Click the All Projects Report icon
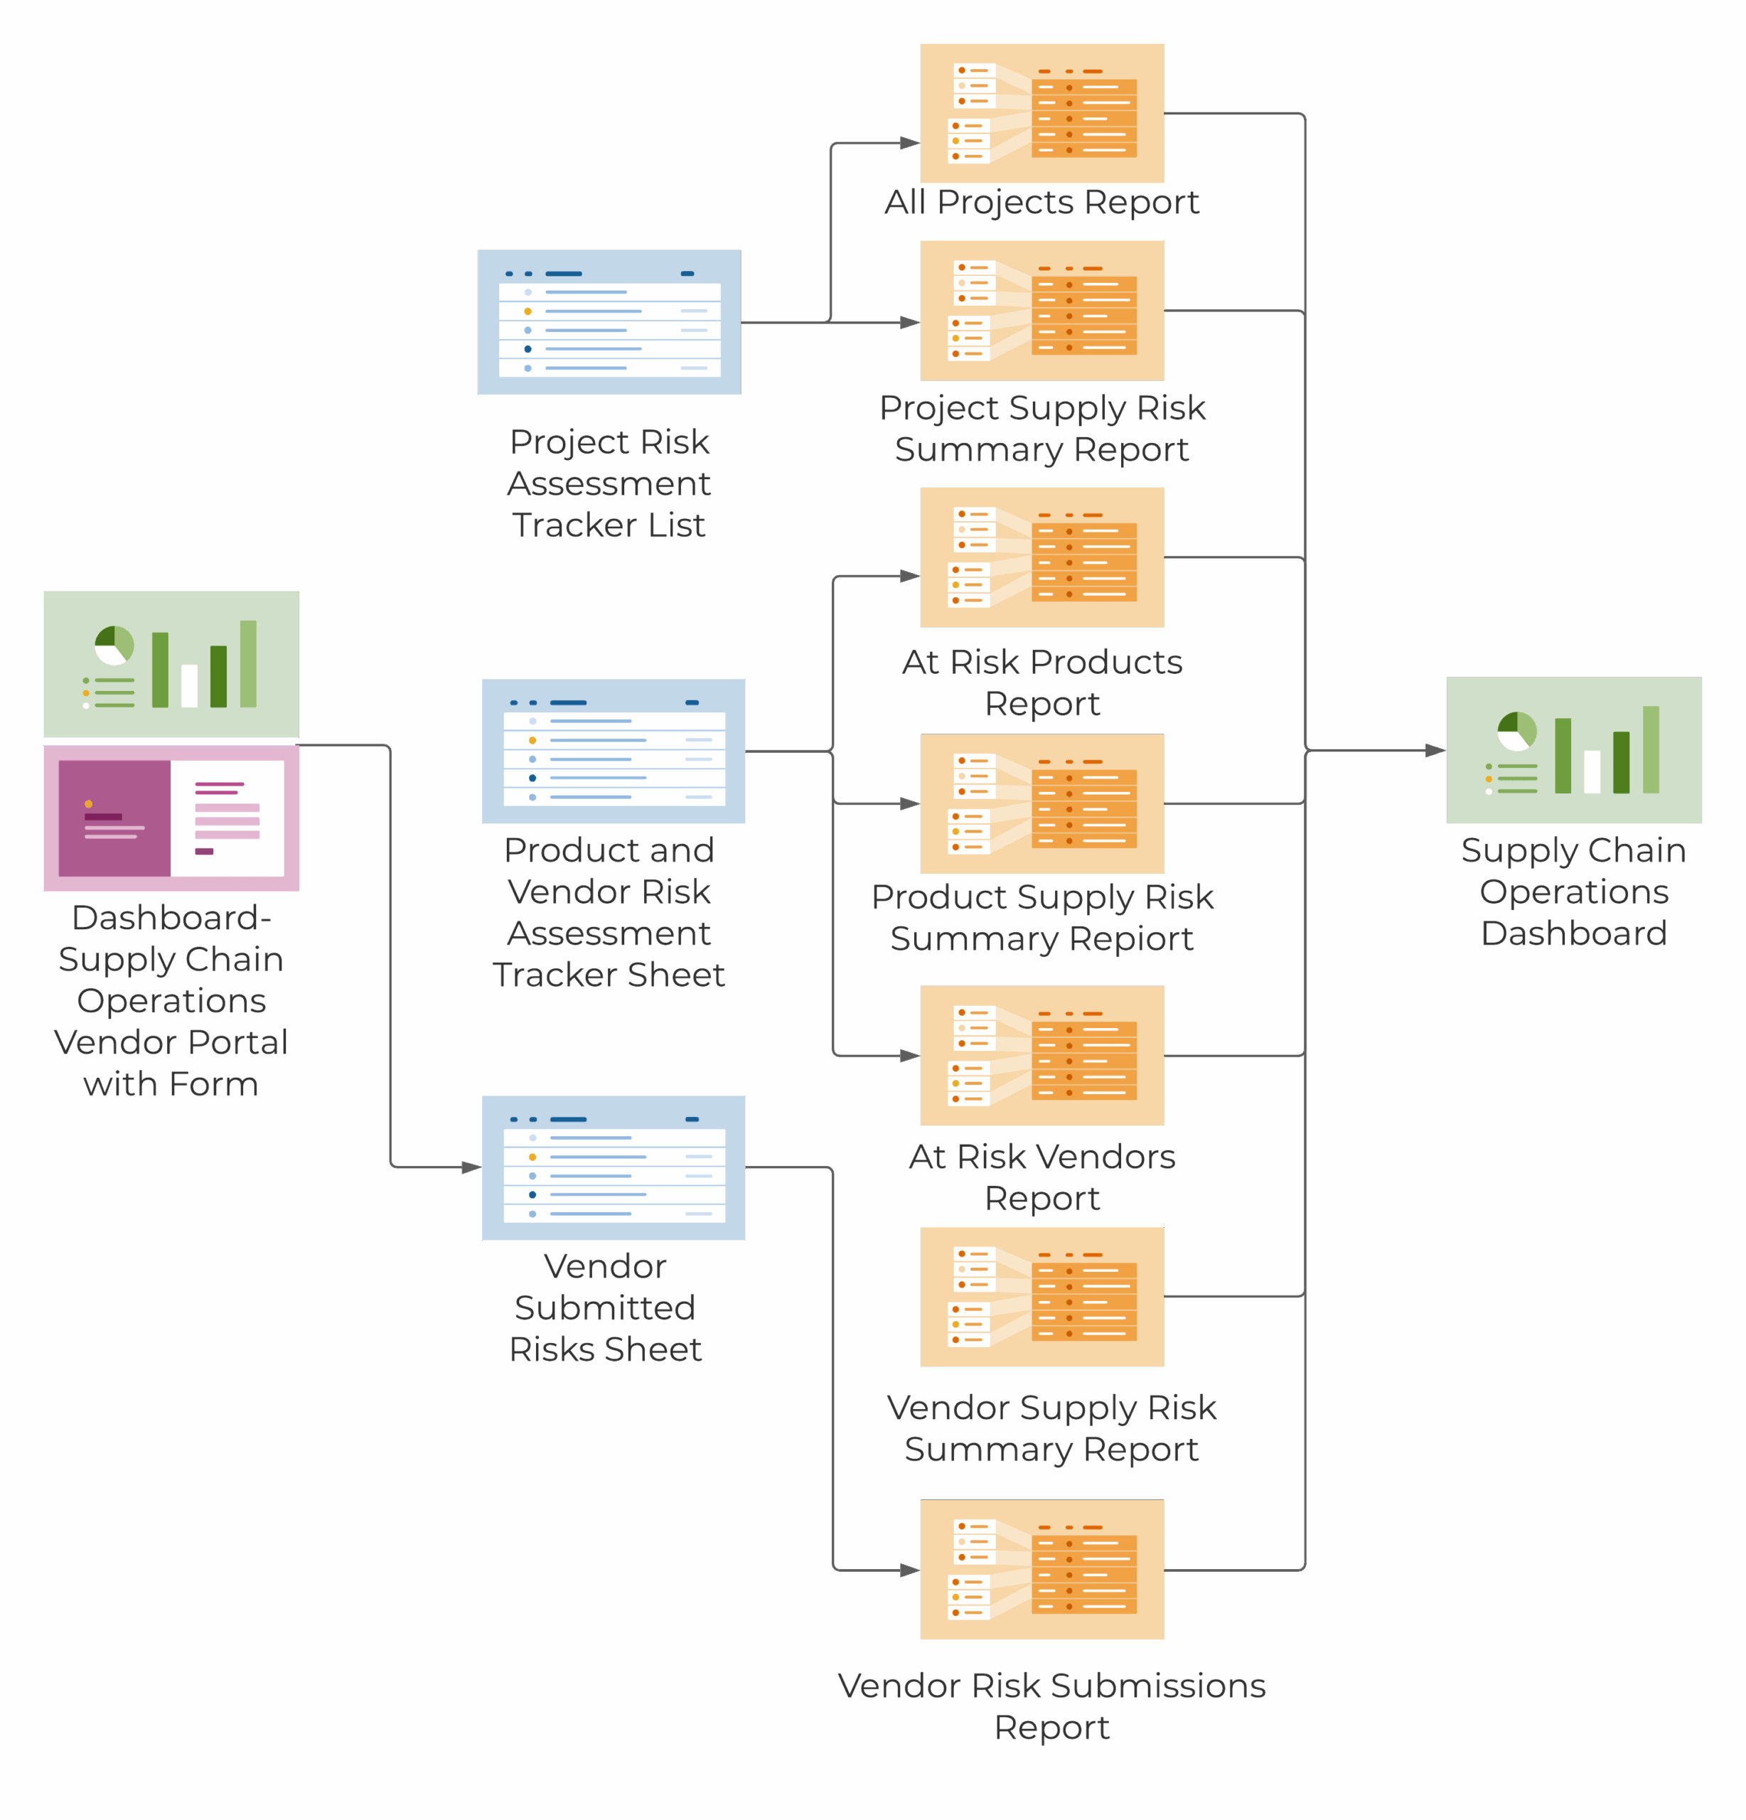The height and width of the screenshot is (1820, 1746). tap(1042, 113)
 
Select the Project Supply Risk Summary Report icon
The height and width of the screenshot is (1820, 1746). tap(1042, 310)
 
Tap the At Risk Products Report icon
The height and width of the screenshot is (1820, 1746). tap(1042, 557)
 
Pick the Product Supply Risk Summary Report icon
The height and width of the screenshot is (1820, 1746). tap(1042, 804)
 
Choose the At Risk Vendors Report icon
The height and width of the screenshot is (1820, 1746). tap(1042, 1056)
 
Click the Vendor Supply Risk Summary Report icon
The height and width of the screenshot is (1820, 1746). tap(1042, 1296)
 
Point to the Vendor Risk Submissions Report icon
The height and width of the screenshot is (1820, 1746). tap(1042, 1569)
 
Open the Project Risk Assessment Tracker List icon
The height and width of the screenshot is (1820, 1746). tap(609, 322)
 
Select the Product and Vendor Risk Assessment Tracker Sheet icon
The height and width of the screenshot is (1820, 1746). tap(613, 751)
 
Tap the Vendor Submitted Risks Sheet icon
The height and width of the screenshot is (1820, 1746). tap(613, 1167)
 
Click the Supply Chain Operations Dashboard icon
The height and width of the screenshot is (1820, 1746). tap(1574, 750)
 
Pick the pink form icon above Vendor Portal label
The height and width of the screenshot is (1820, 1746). tap(171, 818)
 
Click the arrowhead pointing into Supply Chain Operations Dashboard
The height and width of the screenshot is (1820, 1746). tap(1435, 750)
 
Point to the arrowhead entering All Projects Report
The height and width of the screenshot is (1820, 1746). tap(909, 143)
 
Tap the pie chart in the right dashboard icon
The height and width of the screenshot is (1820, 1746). tap(1516, 731)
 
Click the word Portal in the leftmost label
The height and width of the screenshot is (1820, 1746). tap(236, 1042)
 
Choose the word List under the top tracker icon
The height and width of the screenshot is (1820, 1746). tap(677, 525)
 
